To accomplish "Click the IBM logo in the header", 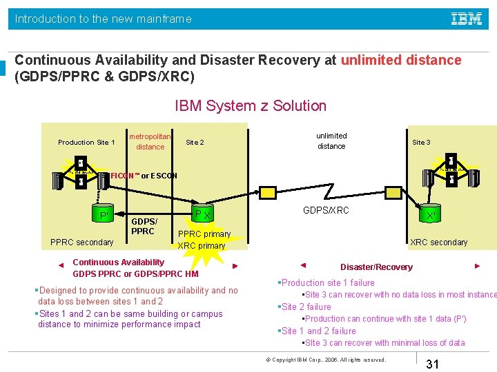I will tap(467, 19).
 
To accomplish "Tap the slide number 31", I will tap(433, 364).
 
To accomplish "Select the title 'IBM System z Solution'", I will tap(251, 105).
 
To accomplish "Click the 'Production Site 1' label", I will tap(86, 143).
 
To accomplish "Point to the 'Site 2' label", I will tap(195, 143).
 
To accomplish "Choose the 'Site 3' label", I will tap(421, 143).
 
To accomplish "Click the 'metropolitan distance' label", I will tap(150, 141).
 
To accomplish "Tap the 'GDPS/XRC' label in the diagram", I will tap(327, 210).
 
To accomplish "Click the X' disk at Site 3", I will tap(431, 215).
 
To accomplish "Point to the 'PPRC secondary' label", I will tap(81, 242).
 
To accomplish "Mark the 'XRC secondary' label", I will tap(439, 242).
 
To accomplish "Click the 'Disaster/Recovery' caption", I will tap(376, 267).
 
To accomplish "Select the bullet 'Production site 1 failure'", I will tap(328, 282).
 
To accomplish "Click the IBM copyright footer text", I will tap(326, 360).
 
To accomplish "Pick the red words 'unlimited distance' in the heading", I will tap(401, 60).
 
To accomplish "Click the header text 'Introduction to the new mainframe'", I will tap(104, 19).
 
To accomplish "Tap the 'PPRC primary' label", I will tap(204, 234).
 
